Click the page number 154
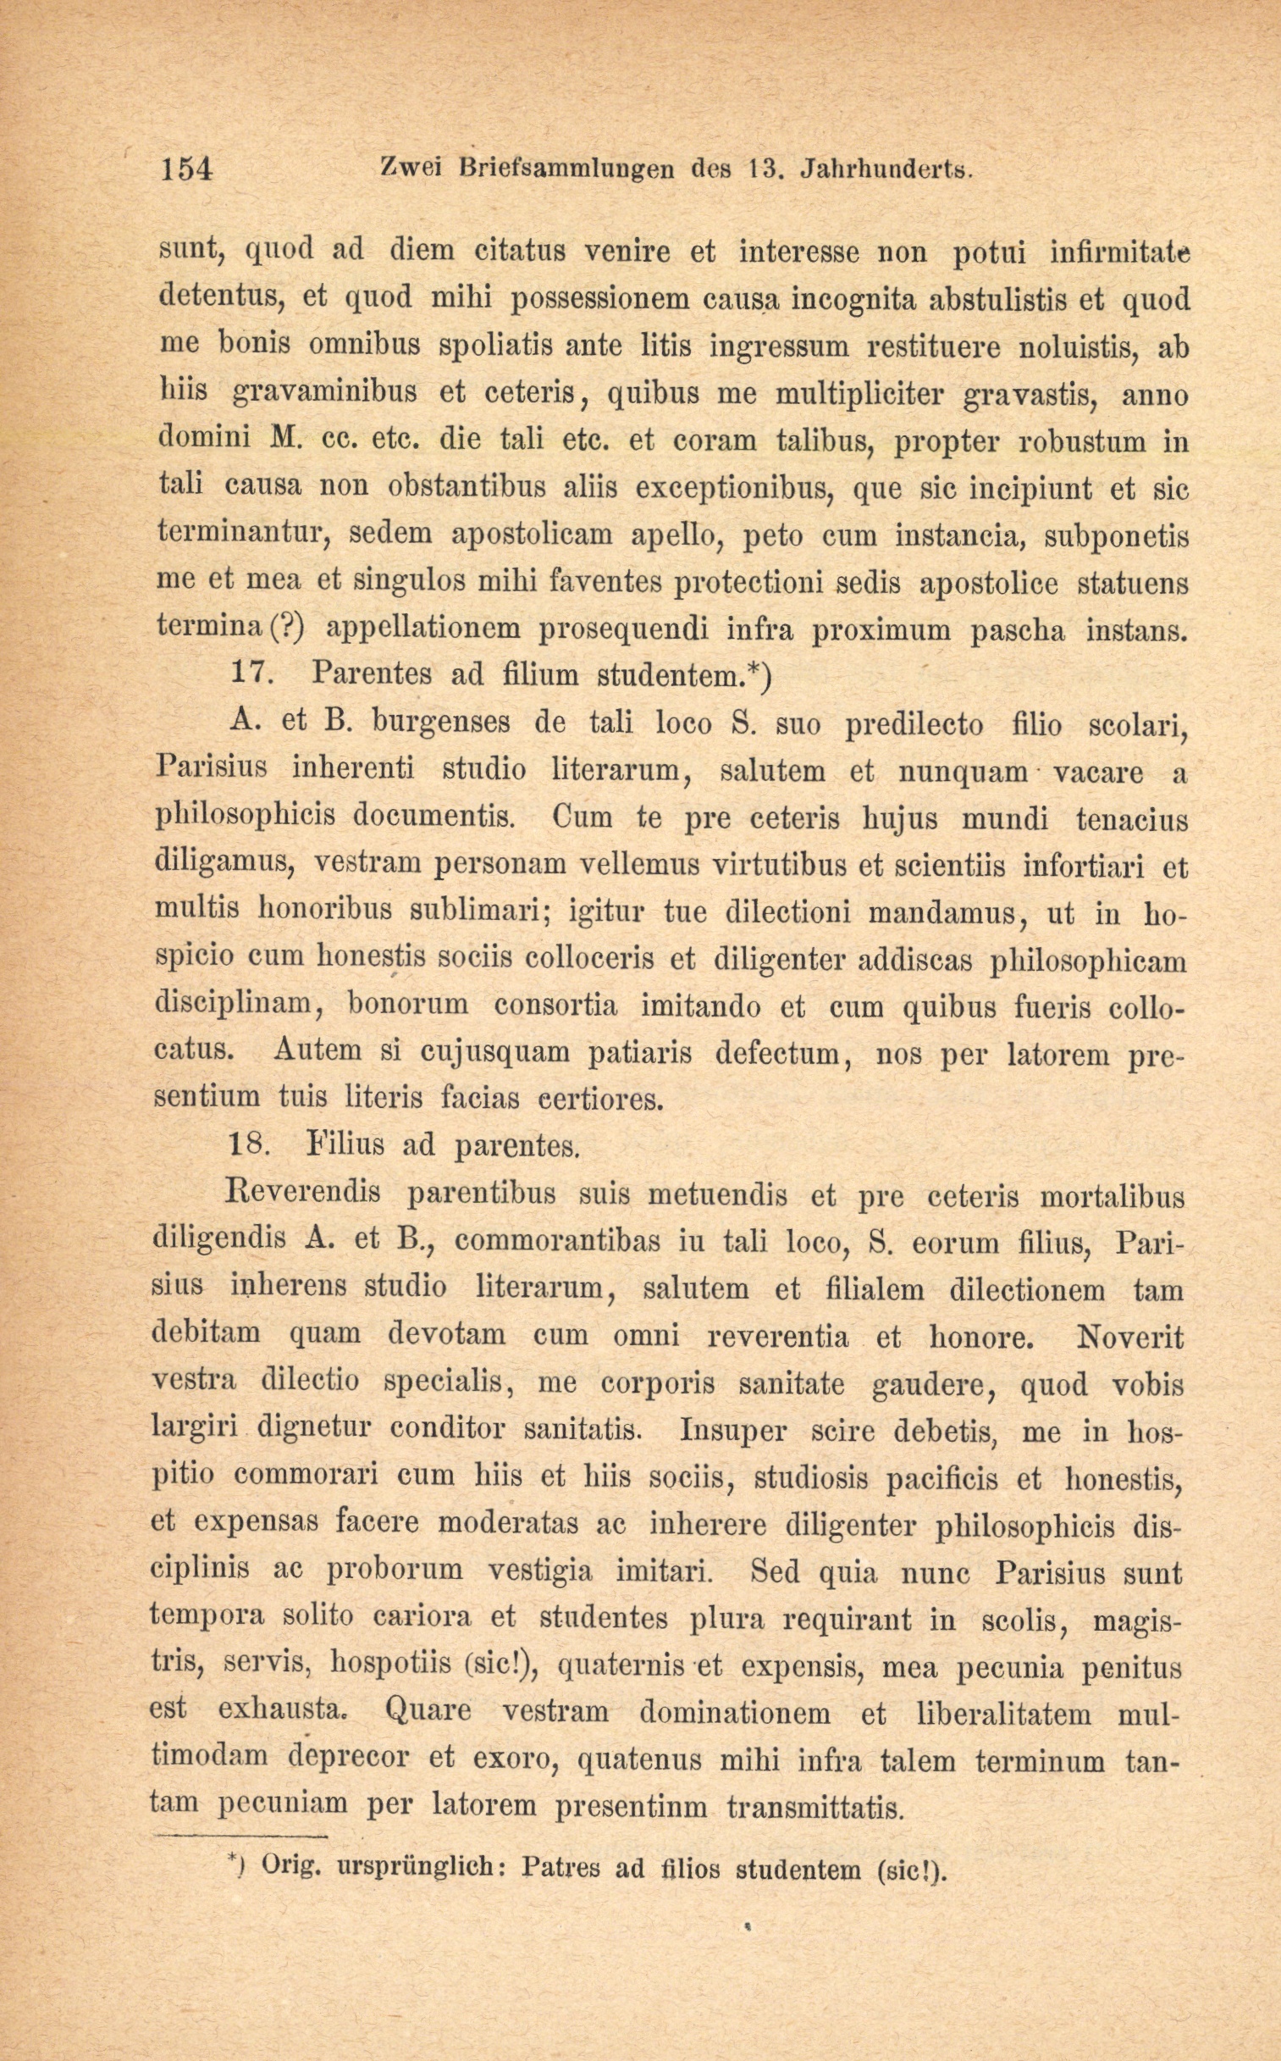tap(185, 169)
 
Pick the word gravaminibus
tap(323, 393)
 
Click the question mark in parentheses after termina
tap(287, 628)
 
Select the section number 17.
tap(251, 674)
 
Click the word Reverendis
tap(304, 1194)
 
